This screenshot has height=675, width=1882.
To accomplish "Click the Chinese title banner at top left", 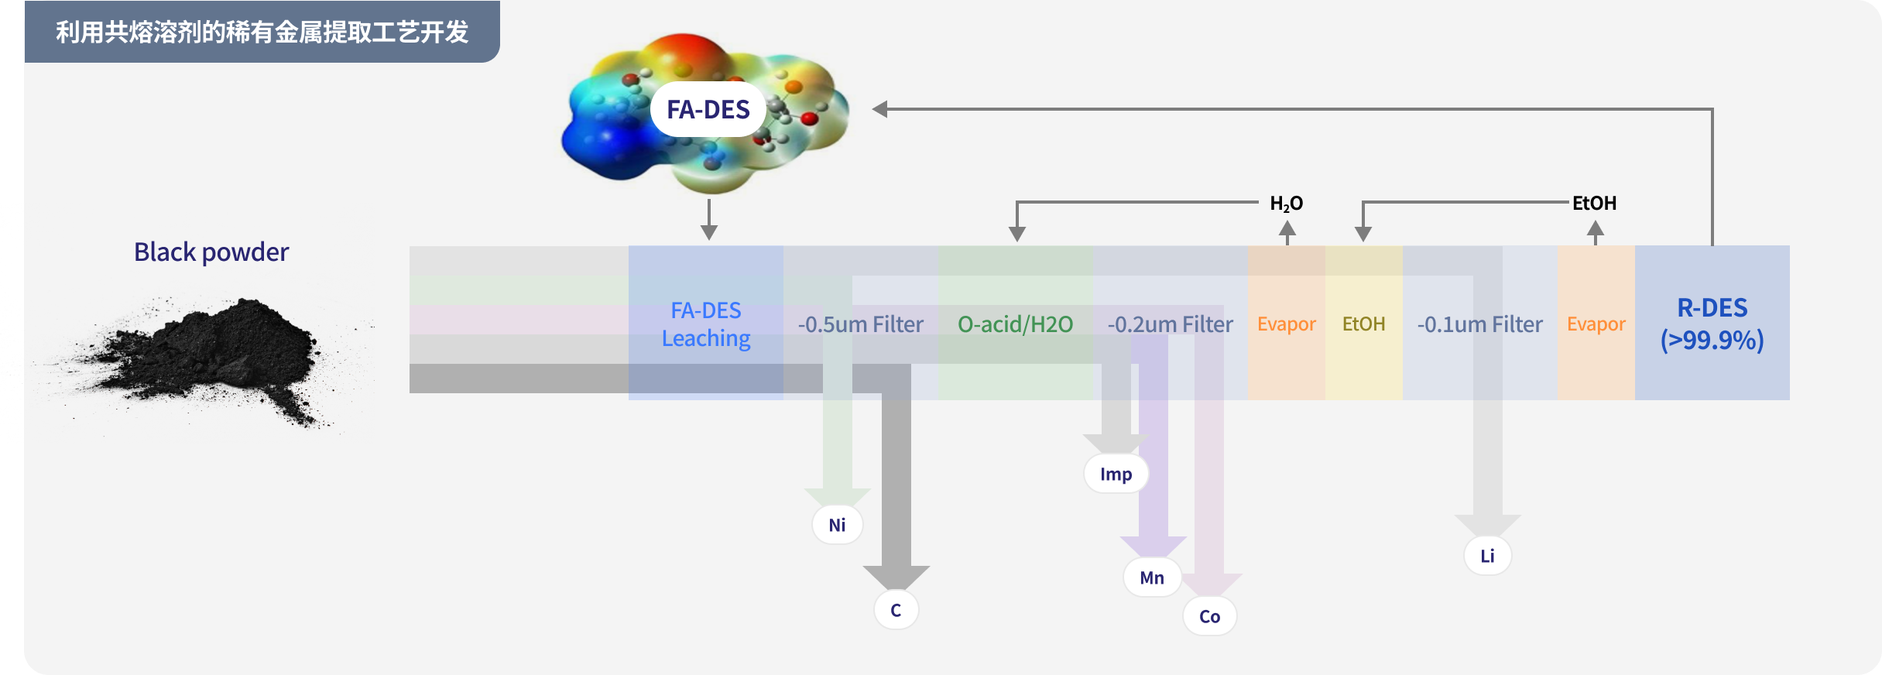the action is (x=262, y=32).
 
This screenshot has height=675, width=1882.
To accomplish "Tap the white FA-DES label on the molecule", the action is (x=708, y=109).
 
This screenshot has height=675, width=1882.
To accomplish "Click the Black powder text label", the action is (x=211, y=252).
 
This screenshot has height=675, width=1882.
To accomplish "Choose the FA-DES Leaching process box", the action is (x=706, y=323).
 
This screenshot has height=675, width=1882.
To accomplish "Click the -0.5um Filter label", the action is (x=861, y=324).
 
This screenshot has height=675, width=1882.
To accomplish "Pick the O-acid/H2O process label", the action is (x=1016, y=324).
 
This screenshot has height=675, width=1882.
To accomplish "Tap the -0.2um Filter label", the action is (x=1171, y=324).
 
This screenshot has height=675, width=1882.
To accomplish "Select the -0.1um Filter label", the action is (x=1480, y=324).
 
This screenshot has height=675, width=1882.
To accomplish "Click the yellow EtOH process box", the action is (x=1364, y=323).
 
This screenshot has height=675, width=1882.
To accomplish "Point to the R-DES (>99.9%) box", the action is (x=1712, y=323).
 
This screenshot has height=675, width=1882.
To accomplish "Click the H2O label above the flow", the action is (x=1287, y=204).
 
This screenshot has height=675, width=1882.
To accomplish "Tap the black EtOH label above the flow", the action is (x=1595, y=203).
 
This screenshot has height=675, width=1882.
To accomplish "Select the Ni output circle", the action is (x=837, y=525).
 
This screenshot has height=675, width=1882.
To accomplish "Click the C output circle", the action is (x=896, y=610).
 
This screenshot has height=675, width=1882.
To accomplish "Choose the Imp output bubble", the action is (x=1116, y=474).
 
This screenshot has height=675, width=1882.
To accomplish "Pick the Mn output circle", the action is (x=1152, y=577).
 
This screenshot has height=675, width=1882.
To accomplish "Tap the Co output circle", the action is (x=1209, y=616).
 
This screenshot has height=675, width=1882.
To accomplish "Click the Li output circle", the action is (x=1487, y=556).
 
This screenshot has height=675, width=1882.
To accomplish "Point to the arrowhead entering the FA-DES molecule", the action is (x=879, y=109).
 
